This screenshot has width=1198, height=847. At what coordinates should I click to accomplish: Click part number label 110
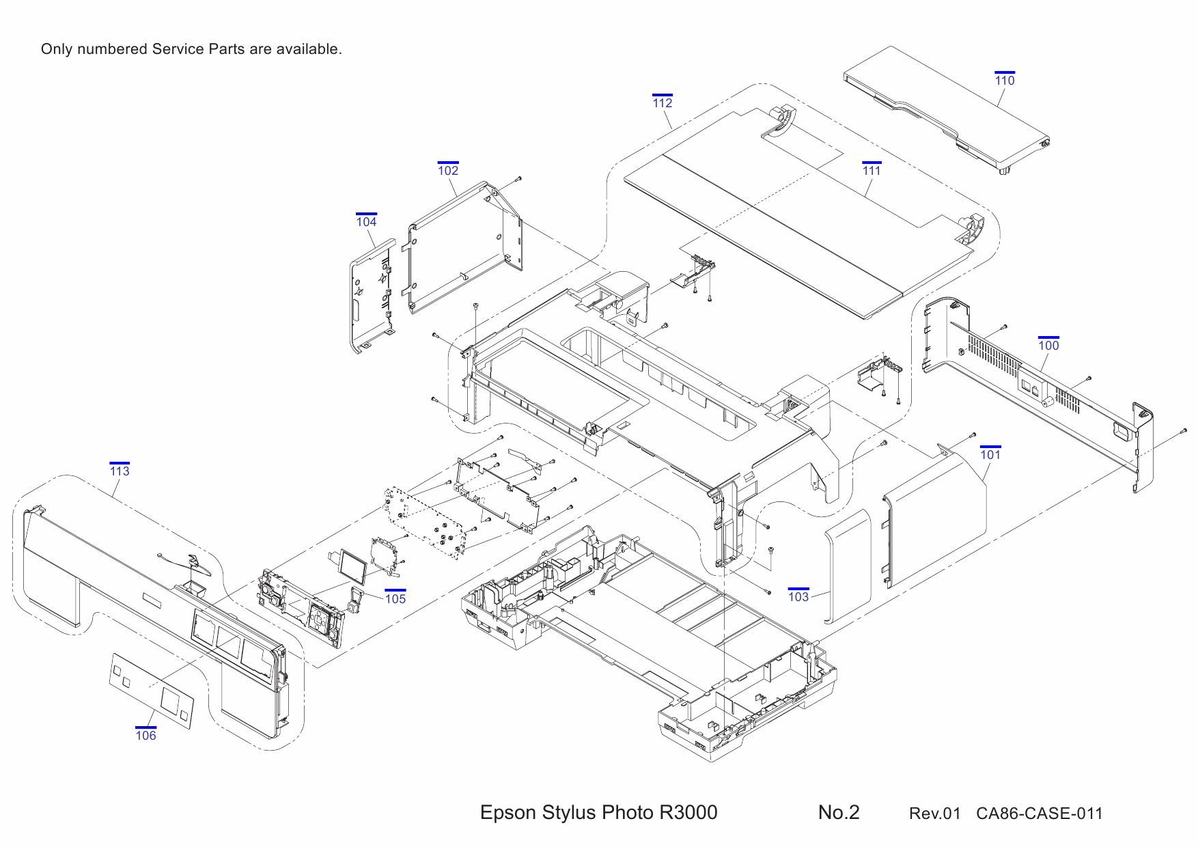coord(1005,80)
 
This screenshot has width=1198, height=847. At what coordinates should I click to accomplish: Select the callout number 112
coord(663,102)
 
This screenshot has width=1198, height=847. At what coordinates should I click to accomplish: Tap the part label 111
coord(872,170)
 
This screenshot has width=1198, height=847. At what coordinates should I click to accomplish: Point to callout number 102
coord(448,170)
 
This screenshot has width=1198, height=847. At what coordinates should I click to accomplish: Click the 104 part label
coord(366,221)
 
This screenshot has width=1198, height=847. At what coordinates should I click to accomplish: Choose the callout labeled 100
coord(1048,345)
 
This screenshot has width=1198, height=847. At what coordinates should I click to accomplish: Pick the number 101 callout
coord(990,454)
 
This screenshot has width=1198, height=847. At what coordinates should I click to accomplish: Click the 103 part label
coord(798,596)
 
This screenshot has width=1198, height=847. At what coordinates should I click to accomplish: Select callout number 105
coord(395,598)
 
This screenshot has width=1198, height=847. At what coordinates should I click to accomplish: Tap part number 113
coord(120,471)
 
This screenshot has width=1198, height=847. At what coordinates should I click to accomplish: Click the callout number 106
coord(145,735)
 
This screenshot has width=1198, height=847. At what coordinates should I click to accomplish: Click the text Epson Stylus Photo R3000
coord(598,812)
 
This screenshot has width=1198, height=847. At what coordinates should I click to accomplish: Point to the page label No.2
coord(839,812)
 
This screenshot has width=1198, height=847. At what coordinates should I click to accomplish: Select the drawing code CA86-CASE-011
coord(1039,814)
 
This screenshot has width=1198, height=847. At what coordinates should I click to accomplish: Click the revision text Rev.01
coord(934,814)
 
